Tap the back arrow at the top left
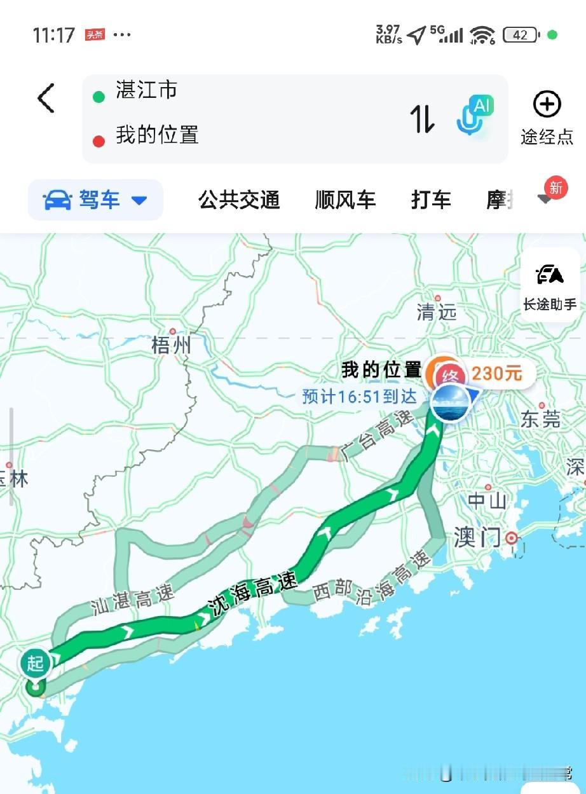click(46, 98)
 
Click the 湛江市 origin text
click(146, 90)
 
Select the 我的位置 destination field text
click(157, 135)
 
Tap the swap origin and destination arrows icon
click(422, 118)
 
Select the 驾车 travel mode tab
click(96, 200)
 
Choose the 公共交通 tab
click(239, 200)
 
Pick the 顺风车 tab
click(345, 200)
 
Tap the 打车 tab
click(431, 200)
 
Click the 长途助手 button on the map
click(550, 286)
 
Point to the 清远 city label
click(437, 311)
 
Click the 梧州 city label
click(171, 345)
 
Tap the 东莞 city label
click(541, 419)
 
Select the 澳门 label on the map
click(477, 538)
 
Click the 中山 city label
click(487, 501)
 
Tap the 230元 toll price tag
click(496, 374)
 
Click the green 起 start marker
click(35, 664)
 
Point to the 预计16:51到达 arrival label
click(359, 397)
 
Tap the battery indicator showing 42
click(521, 36)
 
